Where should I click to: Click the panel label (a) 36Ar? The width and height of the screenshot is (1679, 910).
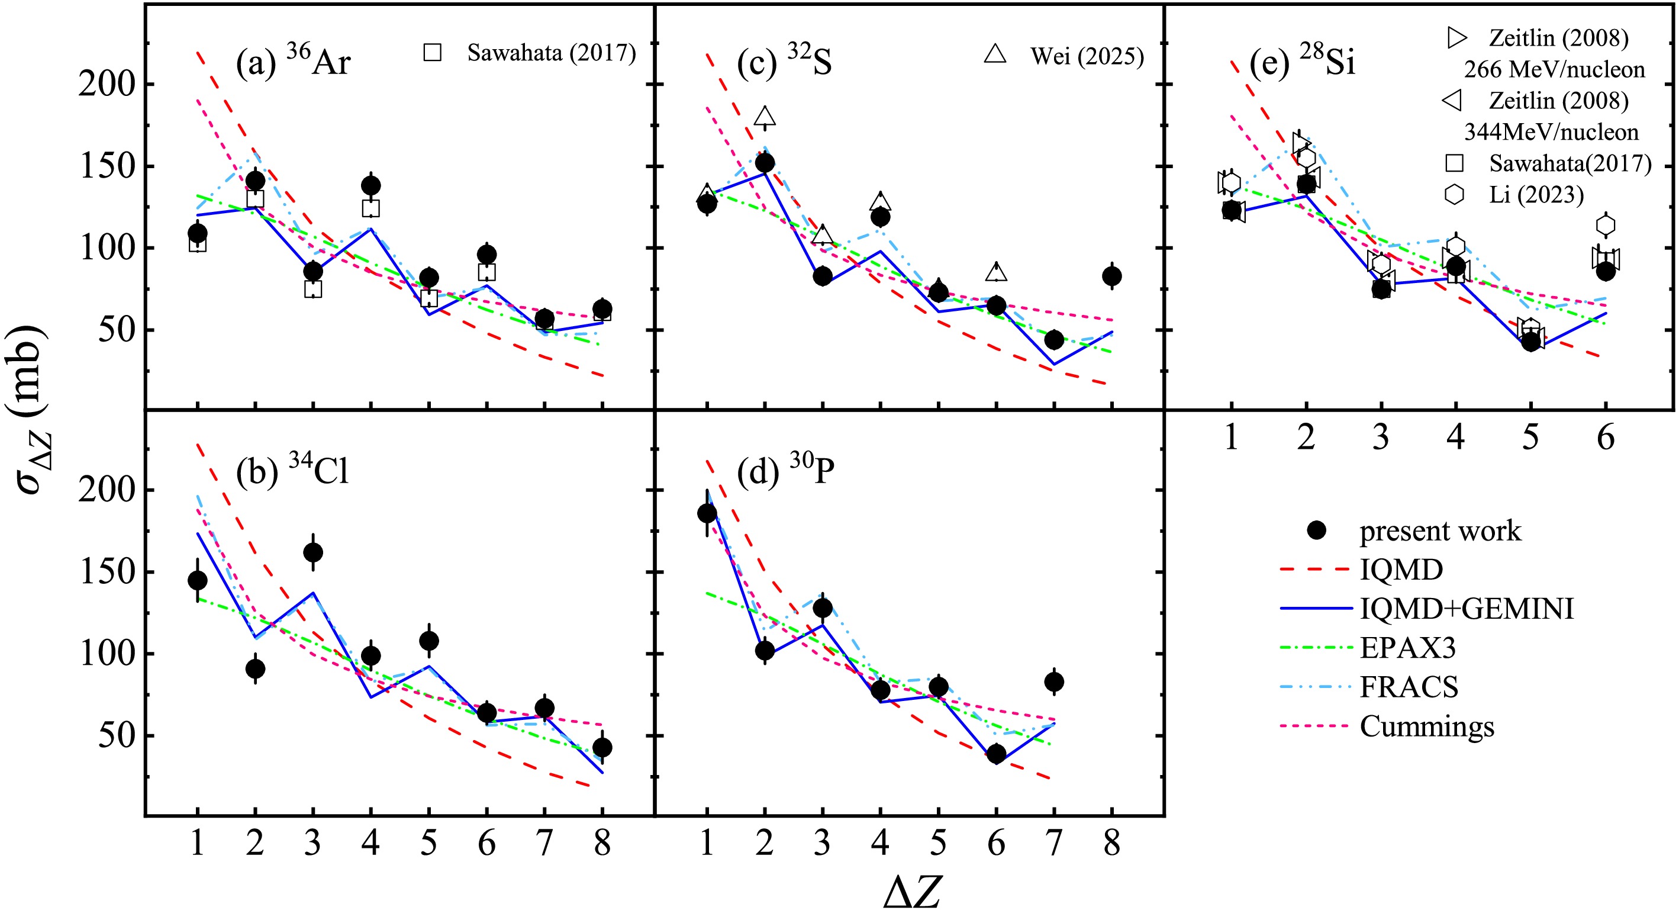[294, 63]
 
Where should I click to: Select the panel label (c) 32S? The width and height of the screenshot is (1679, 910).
[784, 63]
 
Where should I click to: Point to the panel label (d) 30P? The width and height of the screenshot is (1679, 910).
[785, 471]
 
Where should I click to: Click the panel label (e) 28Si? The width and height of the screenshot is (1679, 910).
[1302, 63]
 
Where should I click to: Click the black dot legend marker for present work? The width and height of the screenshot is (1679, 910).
[1317, 530]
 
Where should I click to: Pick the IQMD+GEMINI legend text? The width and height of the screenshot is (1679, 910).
[1467, 609]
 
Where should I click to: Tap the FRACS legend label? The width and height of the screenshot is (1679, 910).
[1409, 687]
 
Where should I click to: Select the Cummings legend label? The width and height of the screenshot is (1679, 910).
[1427, 726]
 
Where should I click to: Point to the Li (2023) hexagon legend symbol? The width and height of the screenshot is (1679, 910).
[1455, 194]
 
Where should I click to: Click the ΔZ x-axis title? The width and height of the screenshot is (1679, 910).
[913, 890]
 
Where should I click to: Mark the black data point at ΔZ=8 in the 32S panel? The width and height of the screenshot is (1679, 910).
[1112, 276]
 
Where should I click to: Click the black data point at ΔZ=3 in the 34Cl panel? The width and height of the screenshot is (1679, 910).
[313, 553]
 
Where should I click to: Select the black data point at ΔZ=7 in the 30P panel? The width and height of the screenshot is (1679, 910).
[1054, 682]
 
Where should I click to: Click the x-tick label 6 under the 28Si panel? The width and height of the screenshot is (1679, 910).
[1606, 438]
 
